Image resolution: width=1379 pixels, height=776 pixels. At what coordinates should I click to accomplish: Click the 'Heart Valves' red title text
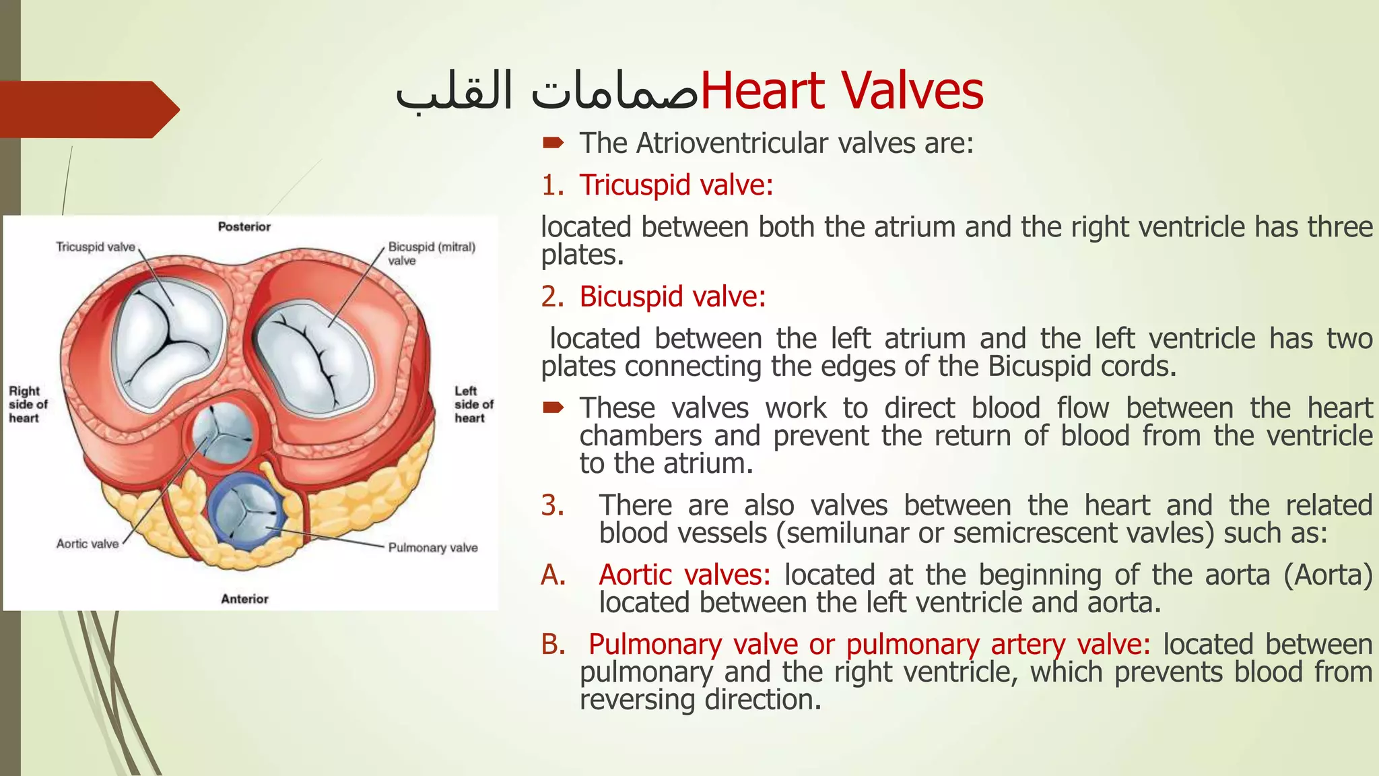[x=842, y=91]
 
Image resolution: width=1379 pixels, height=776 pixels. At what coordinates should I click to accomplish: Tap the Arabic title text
[x=547, y=91]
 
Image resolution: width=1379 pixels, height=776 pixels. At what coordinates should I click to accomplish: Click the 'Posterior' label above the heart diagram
[x=244, y=227]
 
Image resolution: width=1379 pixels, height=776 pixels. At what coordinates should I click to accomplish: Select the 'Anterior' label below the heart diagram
[x=244, y=599]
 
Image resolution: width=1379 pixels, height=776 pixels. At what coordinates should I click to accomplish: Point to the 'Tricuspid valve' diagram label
[x=96, y=247]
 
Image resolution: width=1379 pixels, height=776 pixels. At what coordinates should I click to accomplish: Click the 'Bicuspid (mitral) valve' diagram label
[x=431, y=253]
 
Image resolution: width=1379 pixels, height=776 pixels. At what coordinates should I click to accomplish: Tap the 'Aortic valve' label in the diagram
[x=88, y=544]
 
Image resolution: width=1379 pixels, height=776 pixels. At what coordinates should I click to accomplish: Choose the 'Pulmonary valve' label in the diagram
[x=433, y=548]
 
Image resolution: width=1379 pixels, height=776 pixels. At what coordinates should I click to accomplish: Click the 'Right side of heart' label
[x=28, y=404]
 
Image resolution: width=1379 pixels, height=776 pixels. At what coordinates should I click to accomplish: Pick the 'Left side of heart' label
[x=473, y=404]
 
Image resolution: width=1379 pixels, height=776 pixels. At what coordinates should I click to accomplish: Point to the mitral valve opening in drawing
[x=314, y=357]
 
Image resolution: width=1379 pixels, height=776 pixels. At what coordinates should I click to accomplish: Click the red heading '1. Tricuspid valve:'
[x=658, y=185]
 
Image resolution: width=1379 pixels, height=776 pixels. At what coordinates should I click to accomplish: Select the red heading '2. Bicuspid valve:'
[x=654, y=296]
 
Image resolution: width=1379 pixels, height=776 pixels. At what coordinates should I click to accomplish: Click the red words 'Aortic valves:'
[x=685, y=575]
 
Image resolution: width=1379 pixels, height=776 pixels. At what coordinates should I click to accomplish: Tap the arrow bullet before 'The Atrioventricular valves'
[x=553, y=143]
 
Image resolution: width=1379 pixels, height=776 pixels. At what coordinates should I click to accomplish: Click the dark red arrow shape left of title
[x=88, y=109]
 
